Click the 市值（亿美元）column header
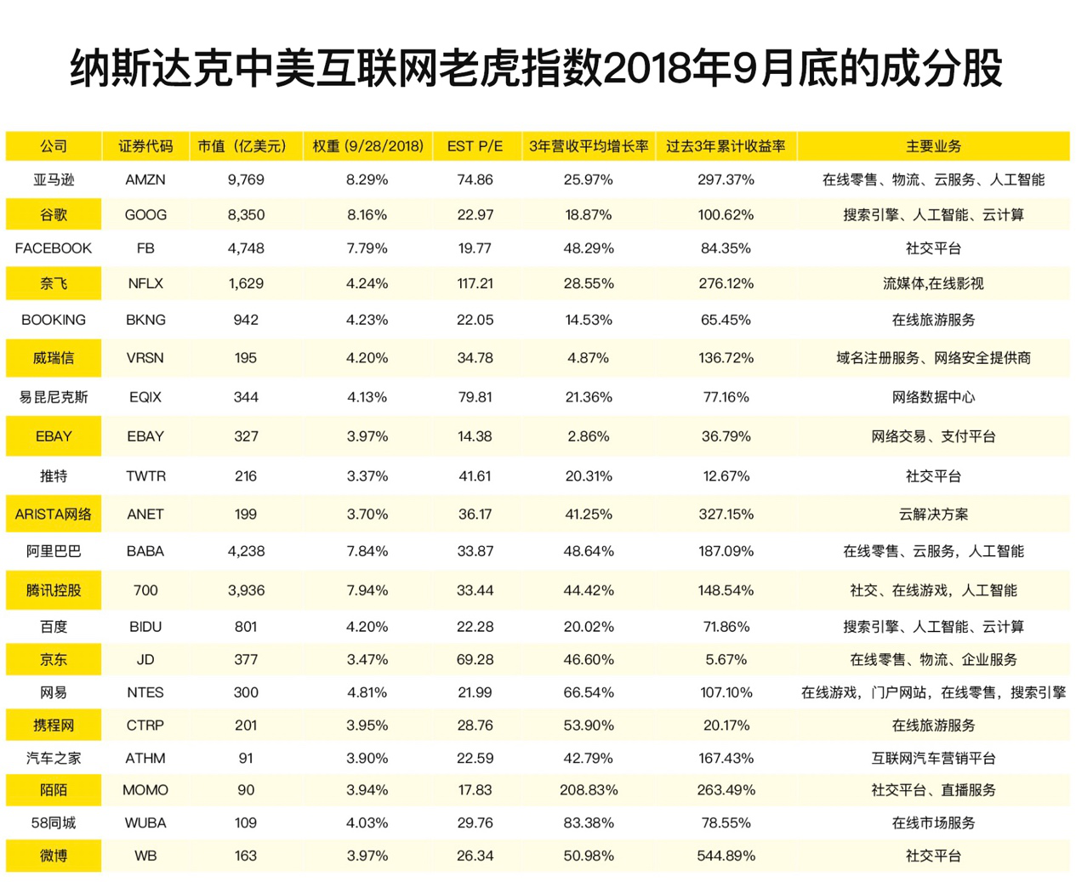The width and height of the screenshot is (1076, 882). coord(242,146)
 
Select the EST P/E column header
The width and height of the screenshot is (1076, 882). coord(475,146)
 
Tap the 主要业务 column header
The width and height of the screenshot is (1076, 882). coord(933,146)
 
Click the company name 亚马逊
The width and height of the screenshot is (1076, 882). coord(54,179)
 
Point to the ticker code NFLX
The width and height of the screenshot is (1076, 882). coord(145,283)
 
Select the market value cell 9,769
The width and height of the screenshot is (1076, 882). coord(246,179)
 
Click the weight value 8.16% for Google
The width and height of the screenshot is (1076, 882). coord(367,214)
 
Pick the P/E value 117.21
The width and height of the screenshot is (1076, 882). coord(475,283)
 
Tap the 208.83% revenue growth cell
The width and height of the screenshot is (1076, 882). coord(589,790)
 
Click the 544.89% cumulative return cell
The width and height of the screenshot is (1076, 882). coord(726,856)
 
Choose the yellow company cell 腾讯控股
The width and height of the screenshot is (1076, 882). coord(54,590)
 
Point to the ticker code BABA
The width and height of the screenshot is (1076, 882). coord(145,551)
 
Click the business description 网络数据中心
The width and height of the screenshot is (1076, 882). coord(933,397)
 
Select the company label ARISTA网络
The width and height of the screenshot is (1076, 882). coord(54,514)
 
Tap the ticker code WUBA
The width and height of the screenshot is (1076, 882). coord(145,822)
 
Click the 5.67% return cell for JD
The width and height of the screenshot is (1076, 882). coord(726,659)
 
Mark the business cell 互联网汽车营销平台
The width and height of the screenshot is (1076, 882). coord(933,758)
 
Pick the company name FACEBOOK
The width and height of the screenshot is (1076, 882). coord(54,248)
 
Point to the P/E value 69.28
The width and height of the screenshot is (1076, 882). coord(475,659)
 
